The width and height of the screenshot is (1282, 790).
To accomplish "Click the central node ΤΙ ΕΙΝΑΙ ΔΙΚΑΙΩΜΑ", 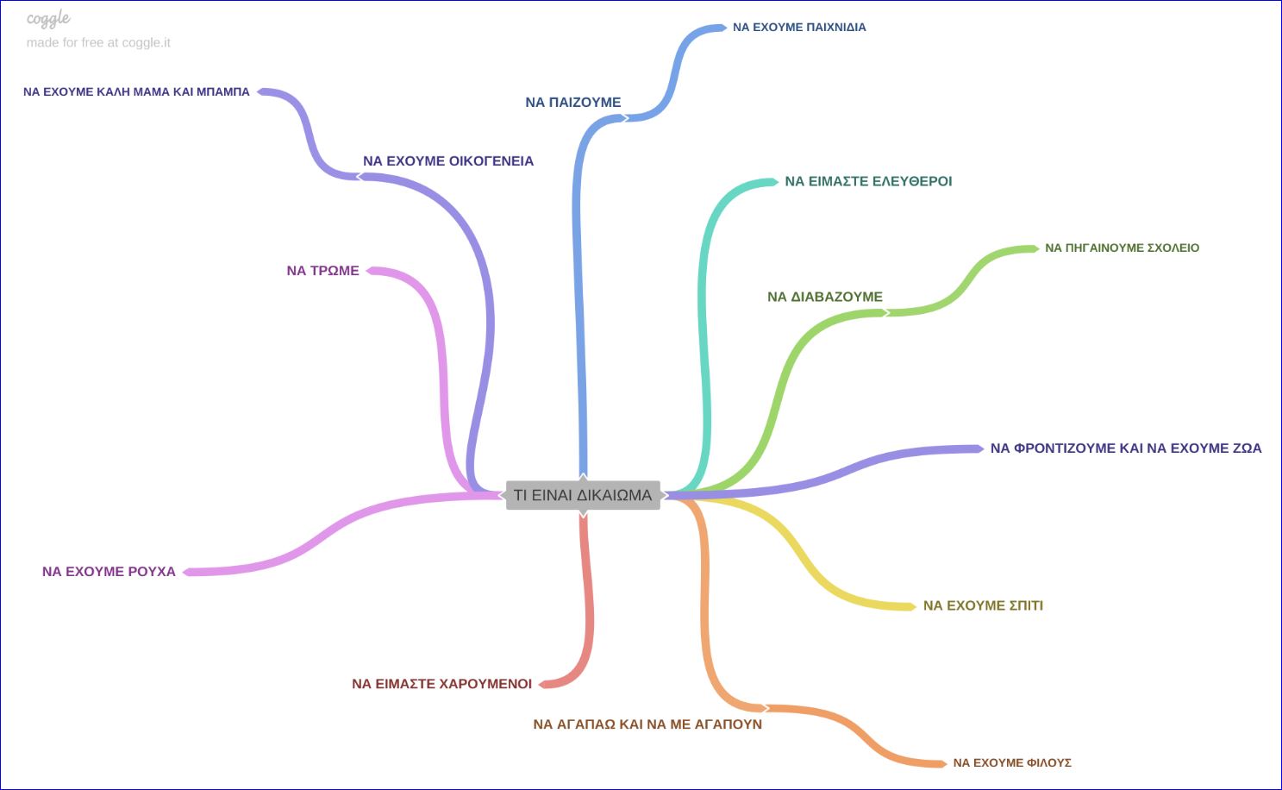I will [583, 495].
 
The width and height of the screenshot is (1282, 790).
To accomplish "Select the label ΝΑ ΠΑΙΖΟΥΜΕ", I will [572, 103].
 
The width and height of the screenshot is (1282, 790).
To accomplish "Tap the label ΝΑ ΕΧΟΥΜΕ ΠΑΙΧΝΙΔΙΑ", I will [799, 28].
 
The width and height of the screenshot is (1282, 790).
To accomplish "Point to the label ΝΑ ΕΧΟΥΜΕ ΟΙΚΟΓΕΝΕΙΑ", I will [447, 161].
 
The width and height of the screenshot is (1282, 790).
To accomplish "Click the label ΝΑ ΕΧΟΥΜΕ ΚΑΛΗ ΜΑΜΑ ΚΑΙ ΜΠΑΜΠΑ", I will [136, 92].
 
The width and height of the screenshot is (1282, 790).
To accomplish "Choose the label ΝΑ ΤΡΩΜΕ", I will [322, 271].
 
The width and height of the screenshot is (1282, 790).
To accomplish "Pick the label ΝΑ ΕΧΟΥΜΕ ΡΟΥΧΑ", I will [109, 572].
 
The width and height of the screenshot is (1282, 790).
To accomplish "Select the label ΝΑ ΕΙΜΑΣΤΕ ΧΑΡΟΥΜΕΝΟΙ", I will [441, 684].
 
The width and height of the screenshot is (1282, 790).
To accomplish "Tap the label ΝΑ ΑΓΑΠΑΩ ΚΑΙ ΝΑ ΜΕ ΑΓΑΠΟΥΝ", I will [647, 724].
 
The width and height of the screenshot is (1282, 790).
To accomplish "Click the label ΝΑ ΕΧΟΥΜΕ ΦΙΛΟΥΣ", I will [1012, 763].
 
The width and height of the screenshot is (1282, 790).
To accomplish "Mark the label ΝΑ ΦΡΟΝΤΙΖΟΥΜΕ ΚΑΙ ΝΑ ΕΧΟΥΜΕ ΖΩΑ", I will [1125, 448].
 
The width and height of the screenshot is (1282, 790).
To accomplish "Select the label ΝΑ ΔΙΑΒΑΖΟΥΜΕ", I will [825, 297].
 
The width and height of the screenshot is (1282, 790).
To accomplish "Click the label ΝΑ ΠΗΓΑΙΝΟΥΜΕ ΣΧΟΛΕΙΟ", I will [1122, 248].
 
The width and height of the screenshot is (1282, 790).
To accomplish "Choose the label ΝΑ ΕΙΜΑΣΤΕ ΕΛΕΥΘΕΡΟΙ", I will [868, 182].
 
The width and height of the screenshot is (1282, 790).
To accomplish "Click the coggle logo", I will [48, 19].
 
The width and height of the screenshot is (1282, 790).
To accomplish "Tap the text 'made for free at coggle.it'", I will [98, 43].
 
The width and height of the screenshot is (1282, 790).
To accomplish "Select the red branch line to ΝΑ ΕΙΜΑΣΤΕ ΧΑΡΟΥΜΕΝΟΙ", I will [589, 604].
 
